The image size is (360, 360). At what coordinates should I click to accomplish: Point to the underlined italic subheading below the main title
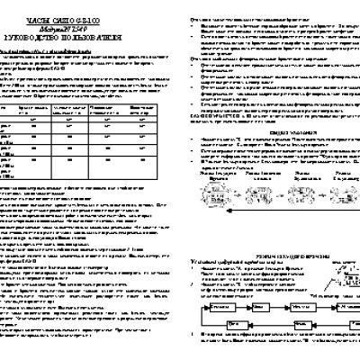pos(54,50)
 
